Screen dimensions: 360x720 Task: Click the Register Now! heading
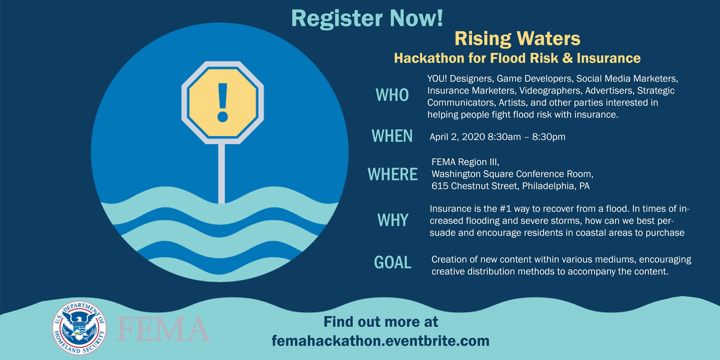[x=367, y=17]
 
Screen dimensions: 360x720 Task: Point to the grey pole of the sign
[x=221, y=171]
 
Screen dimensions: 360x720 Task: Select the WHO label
[x=391, y=95]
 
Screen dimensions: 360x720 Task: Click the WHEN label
[x=392, y=136]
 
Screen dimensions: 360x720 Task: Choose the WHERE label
[x=392, y=174]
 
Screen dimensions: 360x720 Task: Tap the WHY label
[x=392, y=220]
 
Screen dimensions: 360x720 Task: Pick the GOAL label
[x=392, y=262]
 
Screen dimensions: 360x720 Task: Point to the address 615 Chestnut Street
[x=475, y=186]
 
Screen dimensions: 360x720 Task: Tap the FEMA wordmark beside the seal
[x=163, y=328]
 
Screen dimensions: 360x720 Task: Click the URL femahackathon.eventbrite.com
[x=380, y=341]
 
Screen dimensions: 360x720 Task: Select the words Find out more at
[x=380, y=322]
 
